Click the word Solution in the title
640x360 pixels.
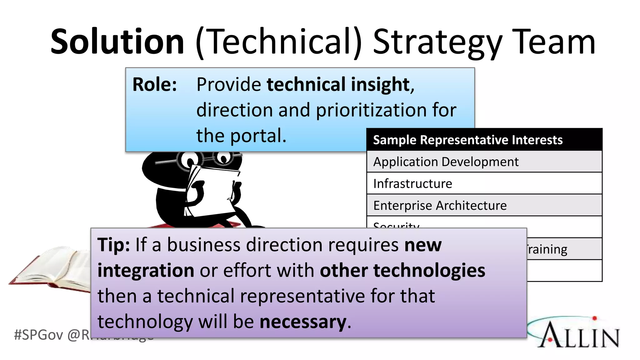pos(117,42)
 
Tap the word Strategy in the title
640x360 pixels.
pos(437,42)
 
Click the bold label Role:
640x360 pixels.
pos(155,84)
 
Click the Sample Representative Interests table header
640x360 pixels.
pos(468,140)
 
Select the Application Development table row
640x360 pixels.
pos(446,162)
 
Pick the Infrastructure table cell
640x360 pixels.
pos(412,183)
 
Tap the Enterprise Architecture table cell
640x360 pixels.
pos(440,205)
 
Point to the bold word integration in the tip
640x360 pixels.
pos(146,270)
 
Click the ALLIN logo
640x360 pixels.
pos(578,334)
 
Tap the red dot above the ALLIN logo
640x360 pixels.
pos(594,318)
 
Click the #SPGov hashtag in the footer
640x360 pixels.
pos(38,335)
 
